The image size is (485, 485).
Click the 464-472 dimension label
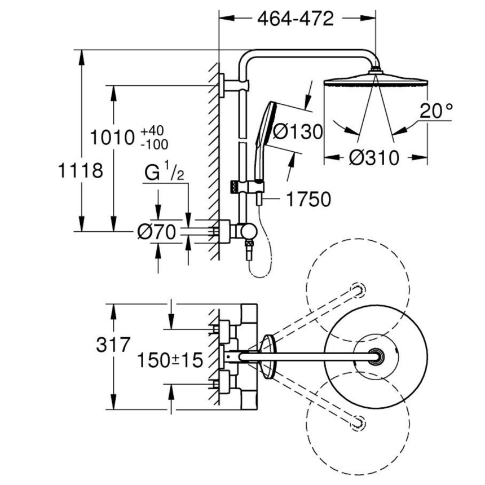[x=296, y=18]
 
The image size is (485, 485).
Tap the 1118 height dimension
[x=81, y=170]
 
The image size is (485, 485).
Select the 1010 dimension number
[x=112, y=137]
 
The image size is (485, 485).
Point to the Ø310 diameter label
[x=374, y=157]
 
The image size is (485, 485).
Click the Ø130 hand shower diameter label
[x=298, y=132]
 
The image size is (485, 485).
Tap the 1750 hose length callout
[x=308, y=199]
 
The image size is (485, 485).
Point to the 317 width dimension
[x=113, y=345]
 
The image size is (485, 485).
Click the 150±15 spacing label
[x=170, y=360]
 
